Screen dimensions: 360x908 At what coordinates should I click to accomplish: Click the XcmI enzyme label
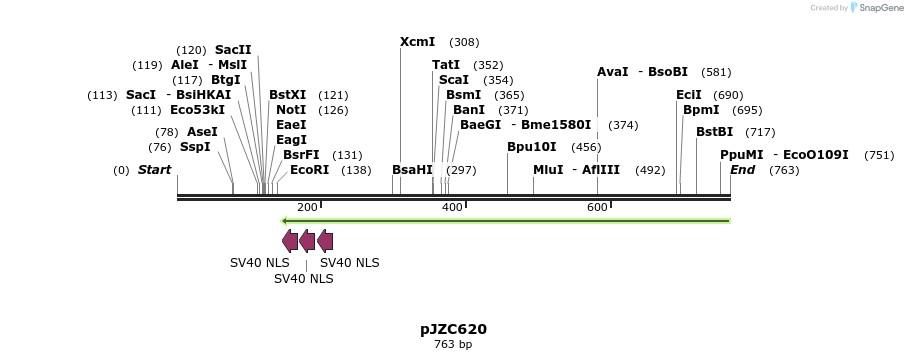[x=417, y=42]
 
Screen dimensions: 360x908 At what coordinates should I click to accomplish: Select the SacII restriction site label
[x=233, y=50]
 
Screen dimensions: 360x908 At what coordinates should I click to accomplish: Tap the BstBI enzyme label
[x=714, y=132]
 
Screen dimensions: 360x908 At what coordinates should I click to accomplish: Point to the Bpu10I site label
[x=531, y=147]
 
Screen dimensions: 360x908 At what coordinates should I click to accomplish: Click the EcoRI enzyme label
[x=309, y=170]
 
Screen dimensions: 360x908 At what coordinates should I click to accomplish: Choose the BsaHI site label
[x=412, y=170]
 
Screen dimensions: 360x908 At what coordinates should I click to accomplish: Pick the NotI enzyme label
[x=291, y=110]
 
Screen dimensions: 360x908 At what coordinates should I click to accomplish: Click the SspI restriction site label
[x=195, y=147]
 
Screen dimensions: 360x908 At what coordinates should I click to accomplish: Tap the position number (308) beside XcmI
[x=464, y=42]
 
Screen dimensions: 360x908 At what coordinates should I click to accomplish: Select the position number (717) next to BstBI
[x=760, y=132]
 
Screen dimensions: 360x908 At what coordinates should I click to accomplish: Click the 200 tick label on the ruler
[x=307, y=207]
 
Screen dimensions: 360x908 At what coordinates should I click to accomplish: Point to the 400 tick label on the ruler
[x=452, y=207]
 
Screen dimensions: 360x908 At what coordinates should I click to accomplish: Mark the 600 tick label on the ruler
[x=597, y=207]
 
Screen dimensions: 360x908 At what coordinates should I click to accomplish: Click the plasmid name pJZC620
[x=453, y=329]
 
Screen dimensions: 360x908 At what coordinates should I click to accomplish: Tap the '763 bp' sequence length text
[x=453, y=345]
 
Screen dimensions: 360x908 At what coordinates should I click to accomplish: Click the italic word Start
[x=154, y=170]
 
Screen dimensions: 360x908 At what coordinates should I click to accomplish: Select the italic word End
[x=742, y=170]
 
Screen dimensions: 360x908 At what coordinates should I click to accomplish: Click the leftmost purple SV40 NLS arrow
[x=290, y=240]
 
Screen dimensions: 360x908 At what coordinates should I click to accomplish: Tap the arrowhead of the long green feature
[x=285, y=220]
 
